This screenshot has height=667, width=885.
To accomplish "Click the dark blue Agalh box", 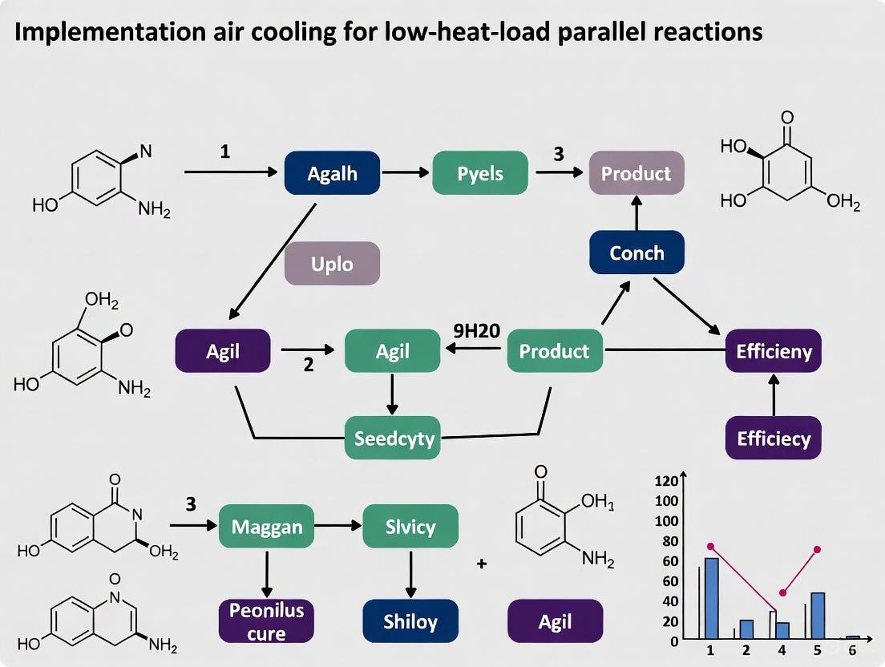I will pos(332,172).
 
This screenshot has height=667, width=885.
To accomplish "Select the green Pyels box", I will pos(480,172).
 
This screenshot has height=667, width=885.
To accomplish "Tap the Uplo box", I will pos(332,263).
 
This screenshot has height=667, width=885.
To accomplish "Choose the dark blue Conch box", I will pos(636,253).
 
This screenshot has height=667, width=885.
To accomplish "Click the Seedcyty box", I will pos(393,438).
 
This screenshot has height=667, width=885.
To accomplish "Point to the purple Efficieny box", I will pos(773,350).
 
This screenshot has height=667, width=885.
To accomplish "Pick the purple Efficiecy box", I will pos(773,438).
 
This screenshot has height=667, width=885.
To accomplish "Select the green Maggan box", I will pos(266,527).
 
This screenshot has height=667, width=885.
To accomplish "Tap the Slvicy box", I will pos(410,527).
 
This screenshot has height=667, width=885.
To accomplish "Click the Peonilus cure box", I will pos(266,621).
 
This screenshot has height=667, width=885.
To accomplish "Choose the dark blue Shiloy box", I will pos(410,621).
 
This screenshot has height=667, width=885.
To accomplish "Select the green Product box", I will pos(554,350).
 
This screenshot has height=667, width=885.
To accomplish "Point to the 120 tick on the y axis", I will pos(667,482).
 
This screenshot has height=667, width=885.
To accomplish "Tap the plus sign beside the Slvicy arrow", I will pos(482,564).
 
